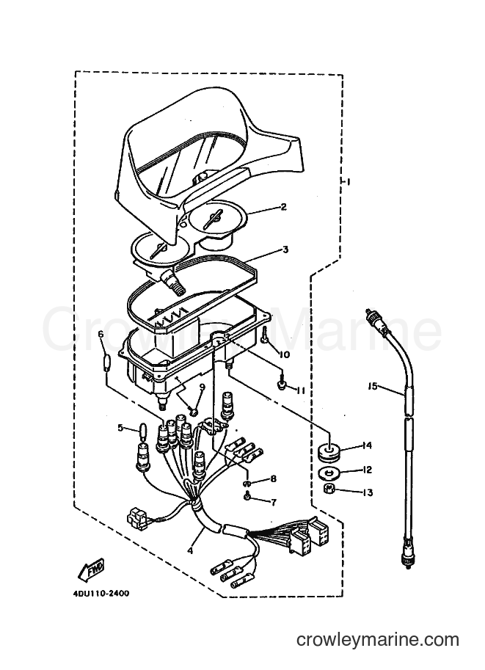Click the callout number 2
click(x=295, y=207)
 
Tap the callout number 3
click(x=285, y=250)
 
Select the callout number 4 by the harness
click(x=190, y=551)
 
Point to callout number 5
click(x=120, y=427)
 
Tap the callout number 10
click(x=285, y=354)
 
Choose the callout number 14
click(x=366, y=445)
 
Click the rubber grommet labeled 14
click(x=329, y=453)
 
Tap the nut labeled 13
click(x=329, y=489)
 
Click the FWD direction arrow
click(x=91, y=570)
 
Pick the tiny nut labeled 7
click(x=247, y=497)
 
